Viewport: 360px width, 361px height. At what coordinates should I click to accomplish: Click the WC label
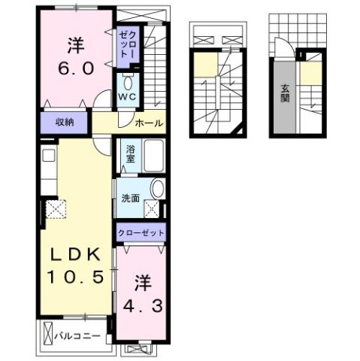click(x=125, y=98)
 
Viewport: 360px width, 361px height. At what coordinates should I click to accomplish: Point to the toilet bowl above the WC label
click(x=127, y=83)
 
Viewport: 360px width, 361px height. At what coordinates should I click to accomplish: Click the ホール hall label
click(x=149, y=123)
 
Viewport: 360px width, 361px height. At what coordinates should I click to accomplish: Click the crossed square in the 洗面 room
click(x=153, y=210)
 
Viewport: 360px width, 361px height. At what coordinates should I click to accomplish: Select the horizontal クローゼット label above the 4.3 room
click(x=141, y=234)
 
